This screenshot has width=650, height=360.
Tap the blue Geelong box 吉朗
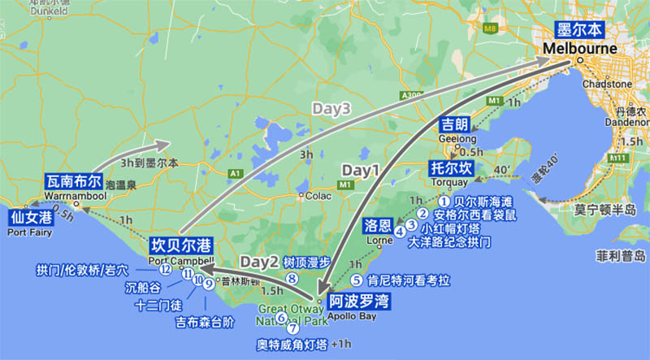[454, 124]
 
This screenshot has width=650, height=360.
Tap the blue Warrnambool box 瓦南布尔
[74, 181]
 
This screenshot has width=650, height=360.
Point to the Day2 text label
[260, 262]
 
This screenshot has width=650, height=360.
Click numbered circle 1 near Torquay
[444, 200]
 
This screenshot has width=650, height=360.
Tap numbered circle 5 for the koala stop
[356, 280]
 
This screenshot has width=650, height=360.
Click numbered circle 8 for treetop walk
[292, 278]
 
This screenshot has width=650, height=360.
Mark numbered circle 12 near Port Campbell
[165, 269]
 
